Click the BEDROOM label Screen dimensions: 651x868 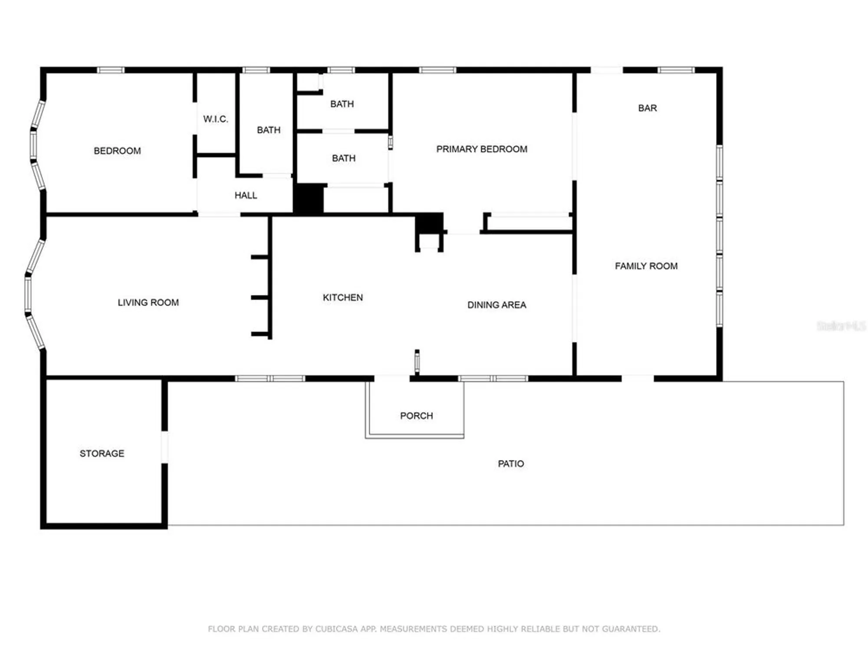point(117,151)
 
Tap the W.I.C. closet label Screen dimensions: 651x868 point(215,119)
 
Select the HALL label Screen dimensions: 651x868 point(246,196)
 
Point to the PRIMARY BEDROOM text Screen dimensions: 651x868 point(482,149)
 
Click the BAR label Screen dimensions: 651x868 point(647,108)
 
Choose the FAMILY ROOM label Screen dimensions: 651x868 point(646,266)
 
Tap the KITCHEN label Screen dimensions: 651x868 point(342,298)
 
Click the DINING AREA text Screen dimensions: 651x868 point(496,305)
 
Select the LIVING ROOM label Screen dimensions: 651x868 point(148,302)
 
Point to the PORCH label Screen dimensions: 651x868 point(416,416)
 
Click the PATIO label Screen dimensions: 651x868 point(511,464)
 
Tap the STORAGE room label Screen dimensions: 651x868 point(102,454)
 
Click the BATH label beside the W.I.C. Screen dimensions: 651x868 point(268,130)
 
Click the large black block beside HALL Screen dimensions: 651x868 point(309,199)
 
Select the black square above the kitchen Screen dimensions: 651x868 point(429,224)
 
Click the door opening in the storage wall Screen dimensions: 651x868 point(164,447)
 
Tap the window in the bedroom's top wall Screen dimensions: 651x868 point(110,70)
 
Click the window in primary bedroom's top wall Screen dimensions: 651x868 point(437,70)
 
